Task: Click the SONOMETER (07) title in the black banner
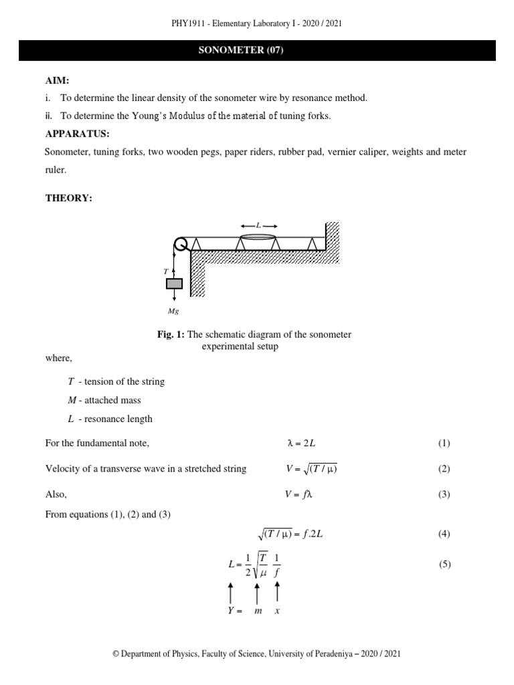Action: coord(256,51)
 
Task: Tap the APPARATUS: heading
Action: coord(76,133)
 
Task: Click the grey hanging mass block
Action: coord(174,284)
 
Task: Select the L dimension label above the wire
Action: coord(258,226)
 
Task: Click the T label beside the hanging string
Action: coord(165,272)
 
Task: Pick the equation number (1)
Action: coord(444,443)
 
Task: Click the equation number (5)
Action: coord(444,564)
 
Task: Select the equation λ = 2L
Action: coord(301,443)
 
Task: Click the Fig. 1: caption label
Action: coord(171,334)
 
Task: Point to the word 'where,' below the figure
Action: coord(58,359)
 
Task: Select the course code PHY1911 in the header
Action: coord(191,23)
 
